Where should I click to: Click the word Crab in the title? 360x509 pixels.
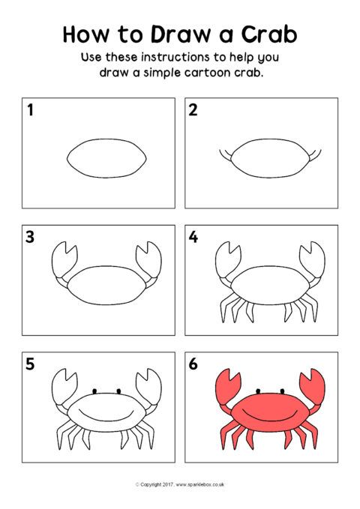click(269, 34)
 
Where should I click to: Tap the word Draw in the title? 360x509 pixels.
click(181, 34)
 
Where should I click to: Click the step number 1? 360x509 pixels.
click(30, 109)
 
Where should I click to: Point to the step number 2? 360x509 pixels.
click(193, 109)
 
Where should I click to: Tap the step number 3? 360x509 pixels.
click(30, 237)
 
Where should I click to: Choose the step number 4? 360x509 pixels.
click(193, 237)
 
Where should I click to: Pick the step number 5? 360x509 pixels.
click(30, 364)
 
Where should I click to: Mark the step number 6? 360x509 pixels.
click(193, 364)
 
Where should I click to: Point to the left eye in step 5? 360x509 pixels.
click(94, 391)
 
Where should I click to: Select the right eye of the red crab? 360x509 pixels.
click(282, 391)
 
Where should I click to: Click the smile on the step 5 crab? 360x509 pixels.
click(106, 418)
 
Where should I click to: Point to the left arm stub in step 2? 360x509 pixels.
click(225, 156)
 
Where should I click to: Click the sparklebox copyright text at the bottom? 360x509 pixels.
click(180, 484)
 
